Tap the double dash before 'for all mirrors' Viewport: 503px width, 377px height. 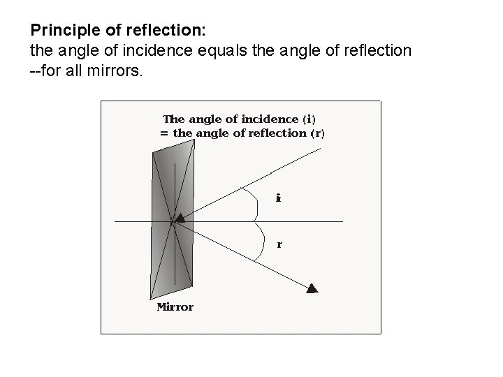(x=36, y=70)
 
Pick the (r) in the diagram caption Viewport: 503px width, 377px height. (x=317, y=133)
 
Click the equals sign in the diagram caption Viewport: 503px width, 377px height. (x=164, y=133)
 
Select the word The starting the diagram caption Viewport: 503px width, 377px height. (x=174, y=119)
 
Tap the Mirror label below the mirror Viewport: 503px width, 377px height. (x=175, y=306)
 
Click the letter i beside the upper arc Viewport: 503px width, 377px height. (x=278, y=198)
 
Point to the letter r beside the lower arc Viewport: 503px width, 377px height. (x=279, y=245)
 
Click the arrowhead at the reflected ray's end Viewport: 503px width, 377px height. (x=313, y=288)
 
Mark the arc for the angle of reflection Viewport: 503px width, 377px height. (x=262, y=243)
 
